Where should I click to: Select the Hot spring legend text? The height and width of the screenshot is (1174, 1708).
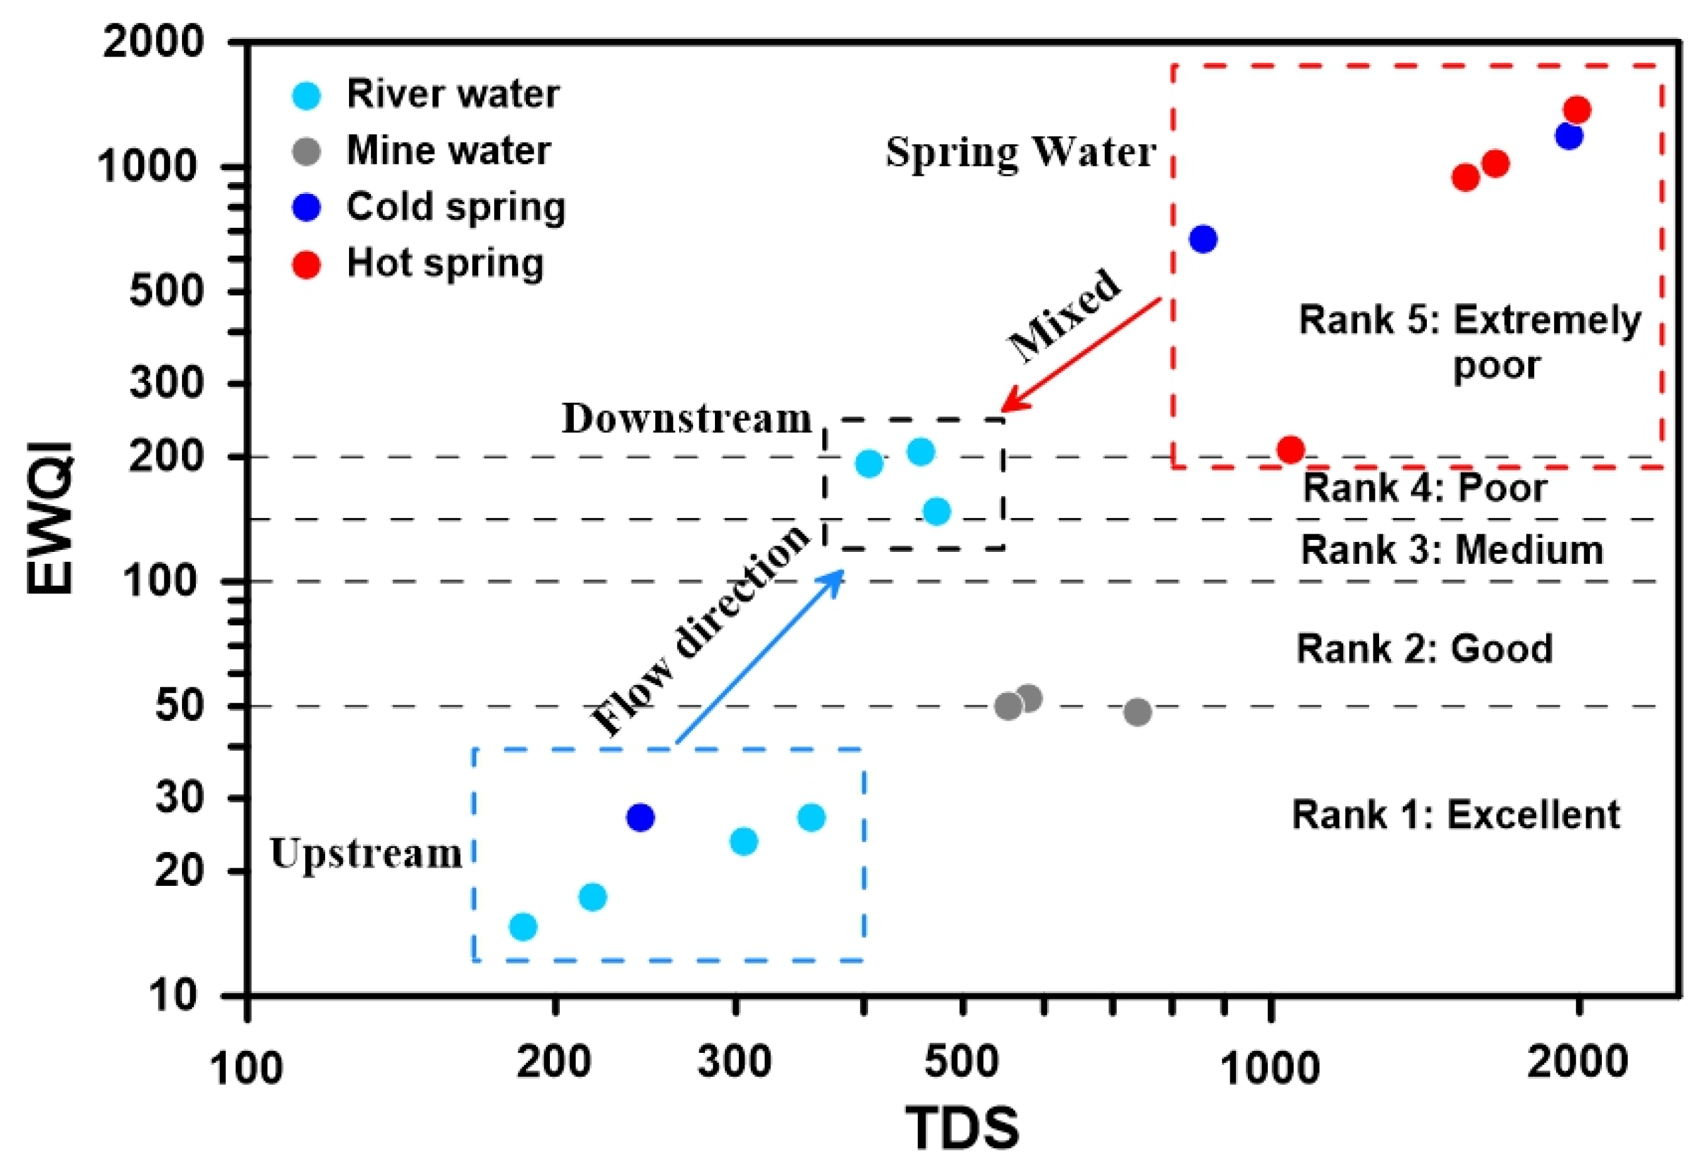pyautogui.click(x=445, y=263)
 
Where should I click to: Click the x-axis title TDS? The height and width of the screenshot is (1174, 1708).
pyautogui.click(x=962, y=1128)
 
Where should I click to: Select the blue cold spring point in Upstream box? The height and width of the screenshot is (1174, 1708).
pyautogui.click(x=640, y=817)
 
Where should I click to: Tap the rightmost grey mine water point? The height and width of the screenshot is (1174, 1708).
pyautogui.click(x=1137, y=711)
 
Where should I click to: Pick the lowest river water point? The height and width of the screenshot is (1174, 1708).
pyautogui.click(x=523, y=926)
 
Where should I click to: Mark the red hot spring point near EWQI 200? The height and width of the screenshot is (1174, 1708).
pyautogui.click(x=1291, y=450)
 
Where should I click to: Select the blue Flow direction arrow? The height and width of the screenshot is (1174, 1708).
pyautogui.click(x=760, y=656)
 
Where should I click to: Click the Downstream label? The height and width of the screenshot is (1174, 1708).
pyautogui.click(x=687, y=419)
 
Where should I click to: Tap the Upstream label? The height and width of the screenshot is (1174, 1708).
pyautogui.click(x=366, y=853)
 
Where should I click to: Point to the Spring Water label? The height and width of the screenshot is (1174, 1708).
pyautogui.click(x=1021, y=153)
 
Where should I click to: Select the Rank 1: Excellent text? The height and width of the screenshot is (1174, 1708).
pyautogui.click(x=1456, y=814)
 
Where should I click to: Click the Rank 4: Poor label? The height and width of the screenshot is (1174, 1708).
pyautogui.click(x=1424, y=488)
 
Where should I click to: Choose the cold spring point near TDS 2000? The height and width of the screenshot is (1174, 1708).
pyautogui.click(x=1568, y=136)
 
